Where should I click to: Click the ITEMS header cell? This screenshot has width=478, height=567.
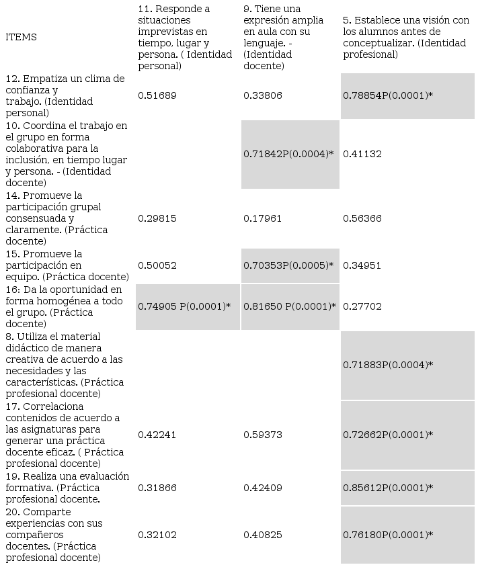tap(21, 37)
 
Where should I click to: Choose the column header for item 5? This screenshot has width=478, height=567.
tap(405, 37)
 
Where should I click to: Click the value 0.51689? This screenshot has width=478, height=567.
tap(157, 95)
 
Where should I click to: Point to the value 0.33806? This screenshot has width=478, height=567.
tap(263, 95)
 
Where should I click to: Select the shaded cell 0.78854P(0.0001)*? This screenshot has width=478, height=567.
tap(388, 95)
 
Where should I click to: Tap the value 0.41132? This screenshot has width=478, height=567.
tap(362, 154)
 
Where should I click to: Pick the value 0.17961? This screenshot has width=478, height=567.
tap(263, 218)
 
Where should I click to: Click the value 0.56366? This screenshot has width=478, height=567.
tap(362, 218)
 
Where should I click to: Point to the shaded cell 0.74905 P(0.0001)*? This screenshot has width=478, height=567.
tap(184, 306)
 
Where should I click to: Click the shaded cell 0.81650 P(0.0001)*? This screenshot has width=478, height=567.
tap(290, 306)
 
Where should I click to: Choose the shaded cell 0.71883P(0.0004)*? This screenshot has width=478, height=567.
tap(388, 365)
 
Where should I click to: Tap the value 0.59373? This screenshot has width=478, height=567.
tap(263, 435)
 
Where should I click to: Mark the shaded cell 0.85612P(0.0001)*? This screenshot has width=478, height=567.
tap(388, 488)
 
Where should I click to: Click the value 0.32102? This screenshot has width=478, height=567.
tap(157, 535)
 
